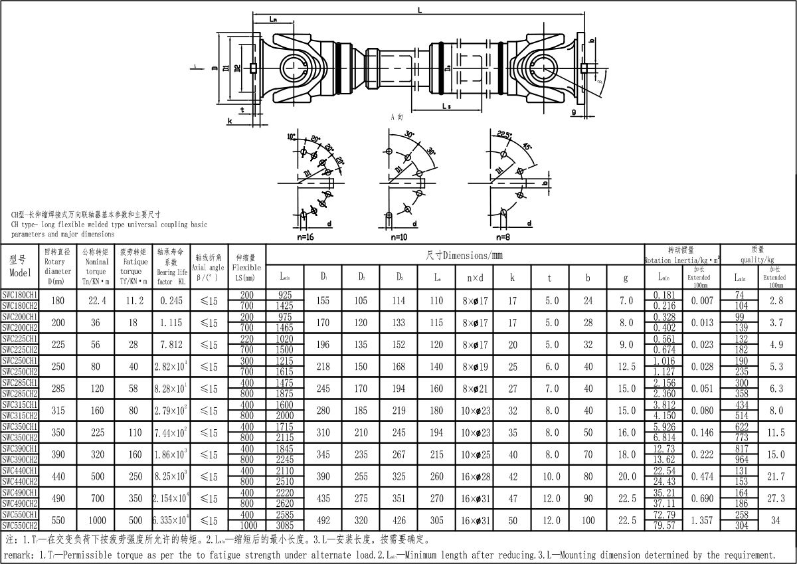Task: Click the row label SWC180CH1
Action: pos(20,294)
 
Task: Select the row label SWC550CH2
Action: pos(20,525)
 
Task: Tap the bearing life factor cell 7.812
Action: pos(171,345)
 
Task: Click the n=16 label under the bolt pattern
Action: pos(306,236)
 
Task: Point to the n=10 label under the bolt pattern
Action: pos(399,236)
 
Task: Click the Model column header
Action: pos(20,266)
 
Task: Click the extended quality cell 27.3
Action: pos(776,498)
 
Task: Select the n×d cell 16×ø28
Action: pos(475,476)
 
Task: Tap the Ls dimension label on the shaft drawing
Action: pos(446,106)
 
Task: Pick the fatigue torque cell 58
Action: pos(133,389)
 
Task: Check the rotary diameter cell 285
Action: pos(58,389)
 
